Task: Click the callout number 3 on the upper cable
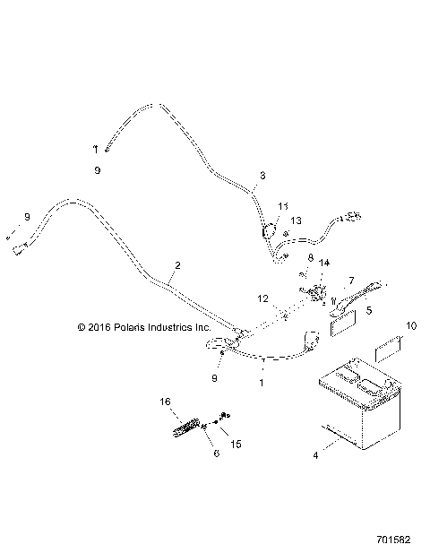click(x=262, y=176)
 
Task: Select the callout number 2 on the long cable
click(x=178, y=265)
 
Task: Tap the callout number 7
click(x=351, y=281)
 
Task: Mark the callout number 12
click(x=262, y=298)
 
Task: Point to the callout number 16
click(x=165, y=401)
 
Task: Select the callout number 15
click(x=236, y=443)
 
